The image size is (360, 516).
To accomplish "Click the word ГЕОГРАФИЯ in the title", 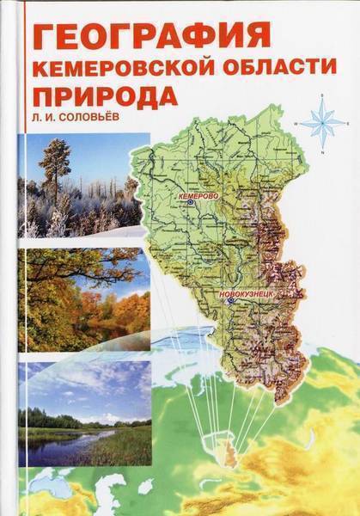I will (x=151, y=35).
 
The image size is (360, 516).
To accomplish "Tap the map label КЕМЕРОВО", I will (x=198, y=197).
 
